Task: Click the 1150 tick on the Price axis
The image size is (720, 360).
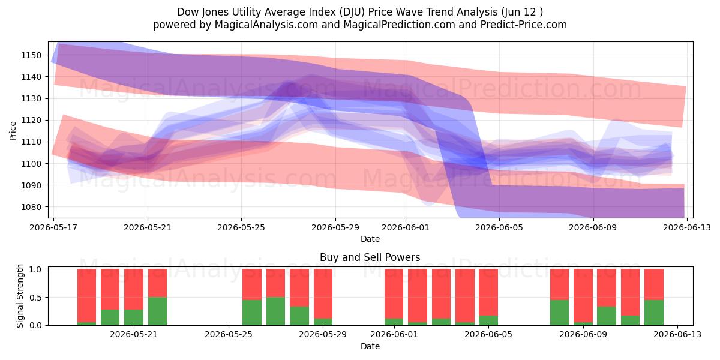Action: click(31, 55)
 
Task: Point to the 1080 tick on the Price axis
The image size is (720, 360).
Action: click(31, 207)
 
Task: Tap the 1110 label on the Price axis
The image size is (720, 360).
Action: click(31, 142)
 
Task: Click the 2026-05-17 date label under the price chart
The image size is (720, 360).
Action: click(53, 227)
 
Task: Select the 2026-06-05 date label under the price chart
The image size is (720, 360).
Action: click(499, 227)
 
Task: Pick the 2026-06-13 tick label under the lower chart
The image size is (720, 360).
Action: click(677, 335)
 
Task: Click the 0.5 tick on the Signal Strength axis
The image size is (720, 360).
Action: click(35, 298)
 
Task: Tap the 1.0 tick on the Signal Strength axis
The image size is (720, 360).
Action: click(35, 269)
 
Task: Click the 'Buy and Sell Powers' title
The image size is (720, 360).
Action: click(370, 257)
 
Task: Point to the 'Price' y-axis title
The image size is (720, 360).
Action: click(13, 131)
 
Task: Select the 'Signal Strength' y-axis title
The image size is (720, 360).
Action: click(20, 296)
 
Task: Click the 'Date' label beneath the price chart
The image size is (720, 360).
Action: click(370, 239)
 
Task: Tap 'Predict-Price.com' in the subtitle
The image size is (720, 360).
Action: click(524, 25)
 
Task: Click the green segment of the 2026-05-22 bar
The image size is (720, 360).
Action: click(157, 311)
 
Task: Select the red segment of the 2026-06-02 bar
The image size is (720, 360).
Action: click(418, 295)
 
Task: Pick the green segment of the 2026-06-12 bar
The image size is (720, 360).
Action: click(654, 313)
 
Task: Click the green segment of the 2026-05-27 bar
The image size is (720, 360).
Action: click(276, 311)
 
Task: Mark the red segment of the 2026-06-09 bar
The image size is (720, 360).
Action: click(583, 295)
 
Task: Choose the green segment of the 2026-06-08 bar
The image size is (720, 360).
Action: click(560, 313)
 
